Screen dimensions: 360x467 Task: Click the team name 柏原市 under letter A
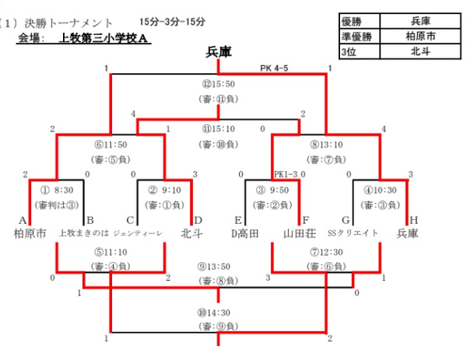(30, 233)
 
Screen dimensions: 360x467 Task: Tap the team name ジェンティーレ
(137, 233)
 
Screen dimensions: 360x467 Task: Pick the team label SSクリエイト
(353, 233)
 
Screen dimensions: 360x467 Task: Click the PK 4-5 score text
(276, 68)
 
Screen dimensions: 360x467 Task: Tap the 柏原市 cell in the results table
(420, 36)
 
